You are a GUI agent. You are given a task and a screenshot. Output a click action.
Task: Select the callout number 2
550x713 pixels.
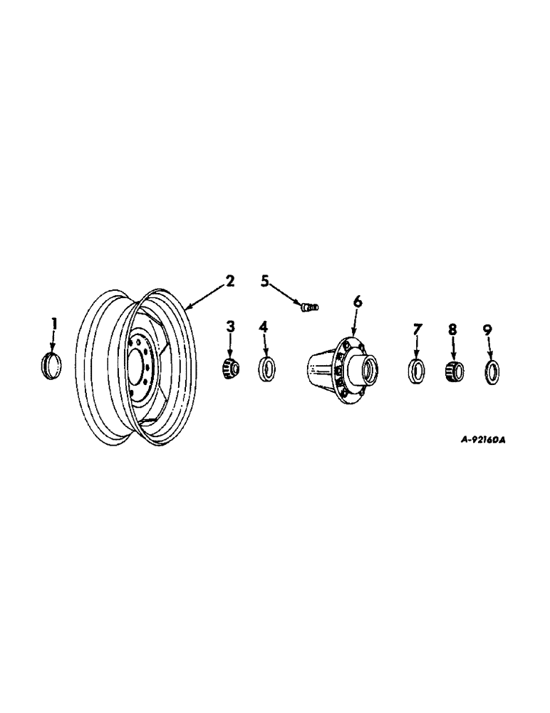click(x=229, y=281)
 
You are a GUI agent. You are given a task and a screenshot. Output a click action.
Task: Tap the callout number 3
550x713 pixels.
click(x=230, y=327)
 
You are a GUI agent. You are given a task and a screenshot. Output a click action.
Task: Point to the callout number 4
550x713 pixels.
click(x=264, y=327)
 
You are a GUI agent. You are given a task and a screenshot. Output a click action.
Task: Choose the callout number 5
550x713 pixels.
click(x=265, y=281)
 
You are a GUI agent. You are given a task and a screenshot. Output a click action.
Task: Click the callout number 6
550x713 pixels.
click(x=357, y=302)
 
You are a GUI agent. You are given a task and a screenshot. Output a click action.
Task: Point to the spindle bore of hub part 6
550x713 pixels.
click(x=369, y=371)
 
